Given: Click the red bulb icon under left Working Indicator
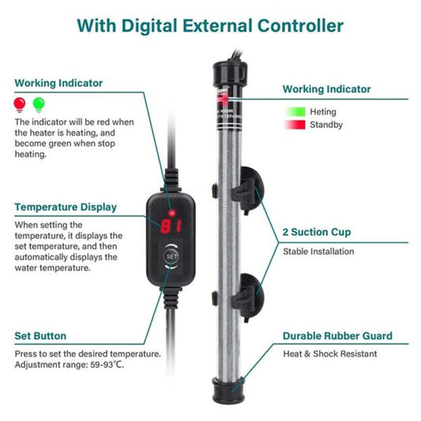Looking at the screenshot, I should click(20, 103).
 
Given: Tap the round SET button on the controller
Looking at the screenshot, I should click(172, 256).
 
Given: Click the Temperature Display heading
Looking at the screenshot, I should click(66, 207).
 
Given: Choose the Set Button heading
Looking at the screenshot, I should click(40, 336).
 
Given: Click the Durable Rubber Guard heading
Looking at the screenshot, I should click(337, 336).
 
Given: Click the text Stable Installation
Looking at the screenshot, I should click(319, 252).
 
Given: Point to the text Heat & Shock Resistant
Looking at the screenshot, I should click(330, 354).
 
